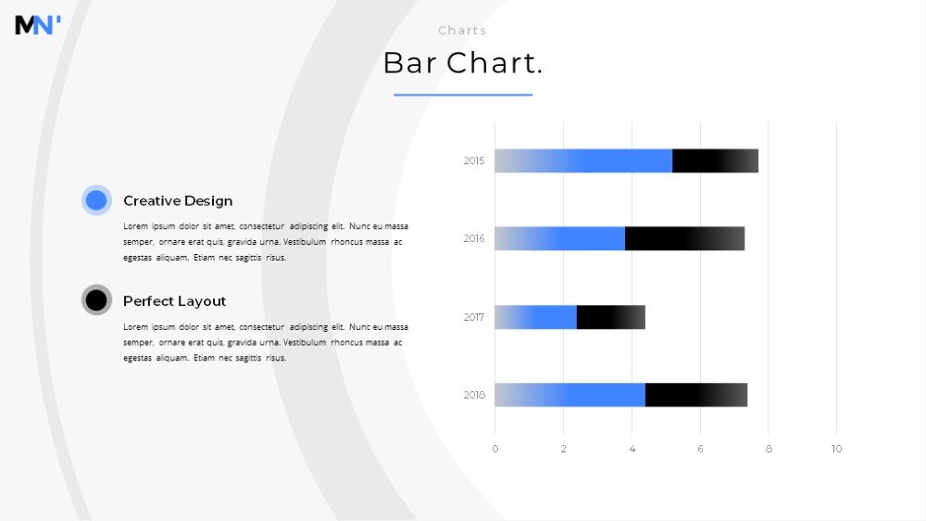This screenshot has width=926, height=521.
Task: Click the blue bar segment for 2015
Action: click(x=583, y=161)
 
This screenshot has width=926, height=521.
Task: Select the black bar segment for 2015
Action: click(x=715, y=161)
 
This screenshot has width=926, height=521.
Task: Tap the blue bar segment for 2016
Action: click(x=560, y=238)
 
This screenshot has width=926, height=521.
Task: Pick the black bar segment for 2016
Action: click(x=685, y=238)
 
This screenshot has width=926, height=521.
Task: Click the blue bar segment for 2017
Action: click(x=535, y=317)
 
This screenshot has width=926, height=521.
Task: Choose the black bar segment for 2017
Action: click(x=611, y=317)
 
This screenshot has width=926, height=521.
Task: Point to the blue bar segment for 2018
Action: click(x=569, y=395)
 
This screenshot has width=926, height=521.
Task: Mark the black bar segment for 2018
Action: click(x=696, y=395)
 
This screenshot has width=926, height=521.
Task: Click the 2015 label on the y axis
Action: click(x=473, y=161)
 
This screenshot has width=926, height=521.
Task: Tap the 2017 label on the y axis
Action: click(x=473, y=317)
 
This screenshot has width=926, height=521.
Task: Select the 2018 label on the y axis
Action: click(x=473, y=395)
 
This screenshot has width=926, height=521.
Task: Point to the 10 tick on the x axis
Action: click(x=836, y=449)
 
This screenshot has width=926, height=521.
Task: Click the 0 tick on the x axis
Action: click(x=494, y=449)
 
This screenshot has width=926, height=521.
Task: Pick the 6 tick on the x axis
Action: click(x=700, y=449)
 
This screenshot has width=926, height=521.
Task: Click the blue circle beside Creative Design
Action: click(x=96, y=200)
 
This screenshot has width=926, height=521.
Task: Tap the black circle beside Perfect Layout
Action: click(x=96, y=300)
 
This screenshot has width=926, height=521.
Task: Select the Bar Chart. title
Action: click(x=463, y=63)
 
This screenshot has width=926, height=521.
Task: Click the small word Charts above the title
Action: click(x=462, y=31)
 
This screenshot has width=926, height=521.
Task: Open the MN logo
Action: click(x=38, y=25)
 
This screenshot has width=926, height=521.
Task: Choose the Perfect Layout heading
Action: click(x=174, y=301)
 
